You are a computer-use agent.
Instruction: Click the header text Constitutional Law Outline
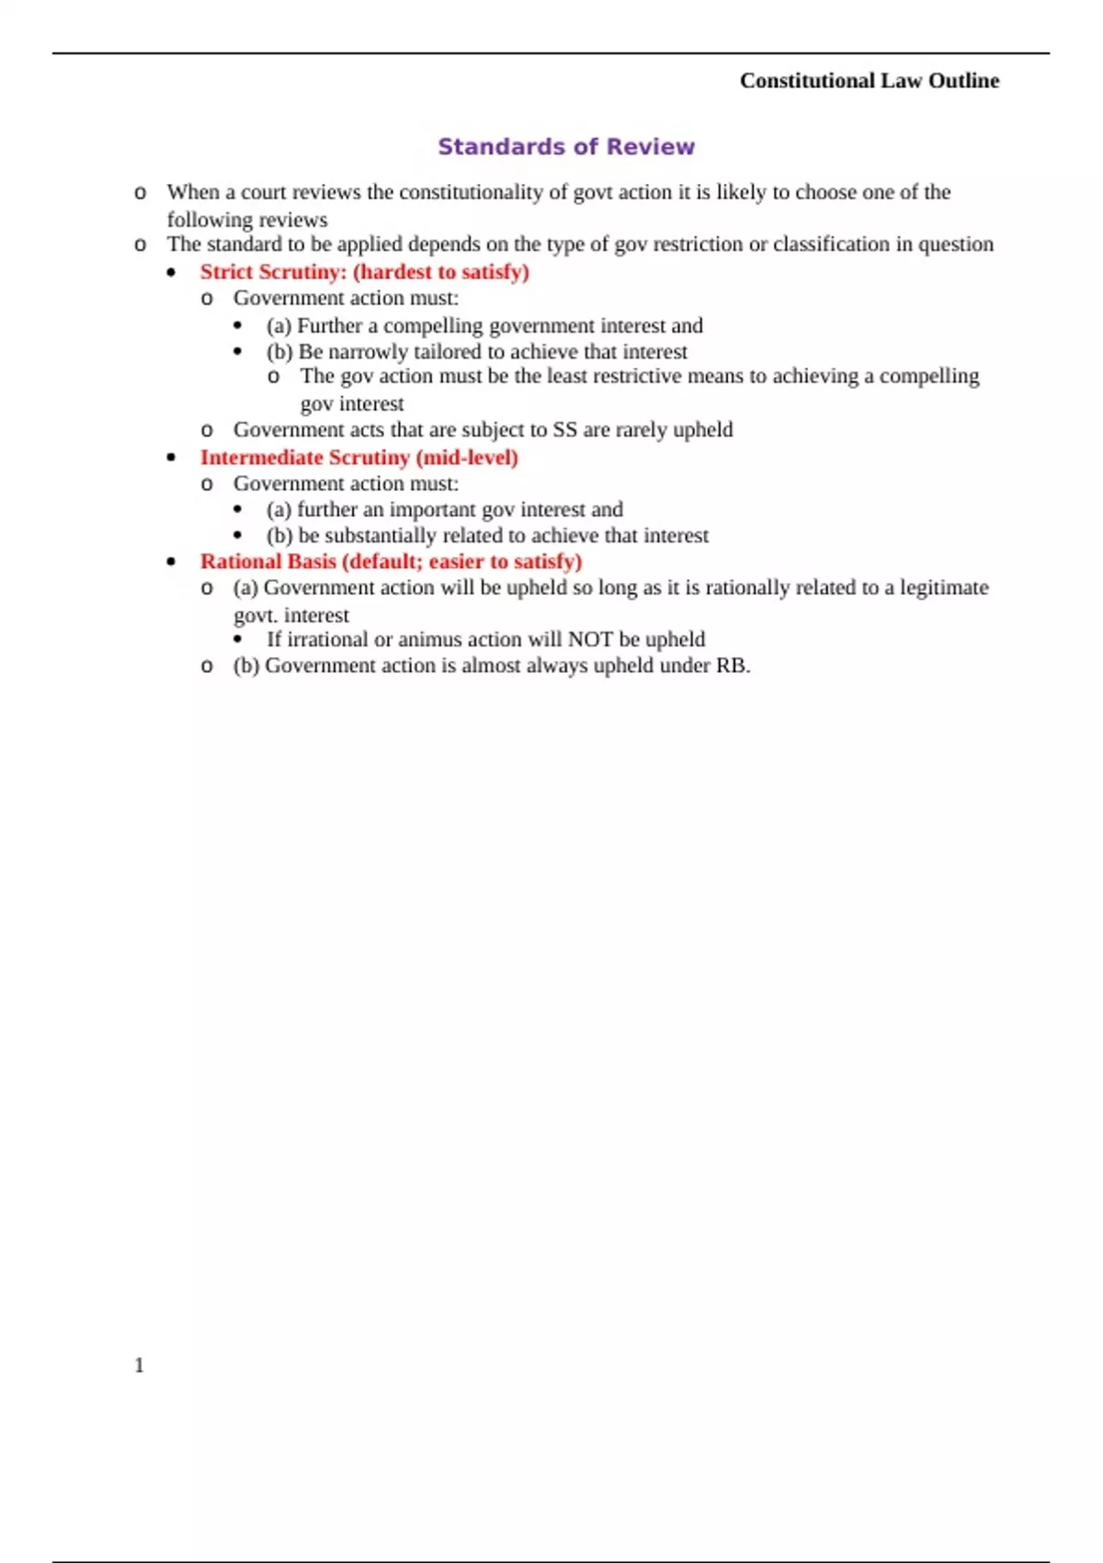pos(869,81)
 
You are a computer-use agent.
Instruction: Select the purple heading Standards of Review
pos(566,147)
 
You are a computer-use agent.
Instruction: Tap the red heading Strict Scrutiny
pos(364,272)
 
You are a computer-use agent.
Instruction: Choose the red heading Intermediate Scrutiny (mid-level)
pos(358,458)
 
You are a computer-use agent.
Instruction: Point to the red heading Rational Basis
pos(391,562)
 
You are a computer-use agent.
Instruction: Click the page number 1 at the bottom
pos(139,1365)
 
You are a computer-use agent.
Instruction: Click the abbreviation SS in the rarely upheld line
pos(564,430)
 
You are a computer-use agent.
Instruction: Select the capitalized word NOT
pos(590,640)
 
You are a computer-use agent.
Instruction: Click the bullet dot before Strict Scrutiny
pos(172,273)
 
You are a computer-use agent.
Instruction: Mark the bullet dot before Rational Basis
pos(172,562)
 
